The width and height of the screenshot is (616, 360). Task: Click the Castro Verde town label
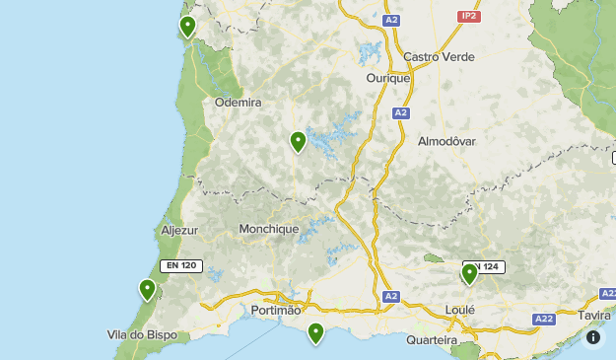tap(439, 56)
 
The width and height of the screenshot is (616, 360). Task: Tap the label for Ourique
tap(387, 78)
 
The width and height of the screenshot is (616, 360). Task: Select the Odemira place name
tap(238, 102)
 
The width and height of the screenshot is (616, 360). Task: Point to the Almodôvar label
tap(446, 141)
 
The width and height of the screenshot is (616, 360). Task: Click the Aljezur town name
tap(179, 230)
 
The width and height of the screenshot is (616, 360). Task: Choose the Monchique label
tap(268, 229)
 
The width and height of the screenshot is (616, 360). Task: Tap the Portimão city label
tap(276, 310)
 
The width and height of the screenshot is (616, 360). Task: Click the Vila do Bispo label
tap(142, 334)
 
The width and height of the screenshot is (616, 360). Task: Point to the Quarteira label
tap(432, 339)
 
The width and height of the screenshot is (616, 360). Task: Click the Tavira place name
tap(595, 315)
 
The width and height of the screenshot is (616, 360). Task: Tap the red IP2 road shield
tap(469, 17)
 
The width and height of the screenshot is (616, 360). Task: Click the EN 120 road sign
tap(182, 265)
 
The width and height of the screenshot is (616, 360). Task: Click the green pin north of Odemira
tap(187, 27)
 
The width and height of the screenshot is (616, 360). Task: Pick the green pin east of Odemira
tap(298, 142)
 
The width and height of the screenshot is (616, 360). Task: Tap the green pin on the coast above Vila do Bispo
tap(148, 290)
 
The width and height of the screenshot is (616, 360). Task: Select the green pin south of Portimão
tap(315, 332)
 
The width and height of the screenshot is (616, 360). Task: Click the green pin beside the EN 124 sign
tap(469, 273)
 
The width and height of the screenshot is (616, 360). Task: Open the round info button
tap(593, 337)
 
